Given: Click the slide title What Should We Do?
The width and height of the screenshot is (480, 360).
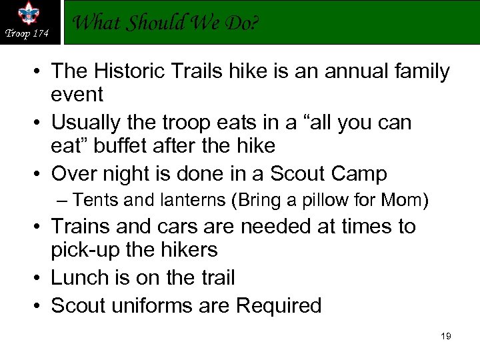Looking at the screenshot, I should (165, 23).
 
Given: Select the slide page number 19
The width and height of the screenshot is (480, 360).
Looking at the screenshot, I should (446, 337).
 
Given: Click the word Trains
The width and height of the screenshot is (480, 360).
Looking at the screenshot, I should (81, 227).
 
